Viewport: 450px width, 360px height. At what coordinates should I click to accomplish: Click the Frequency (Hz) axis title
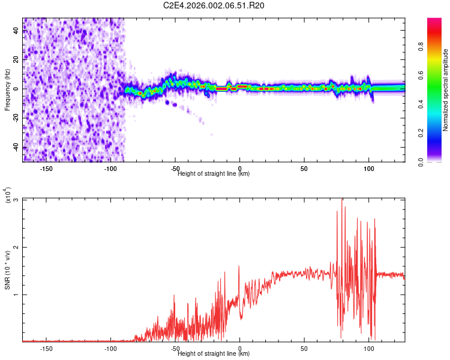pyautogui.click(x=7, y=90)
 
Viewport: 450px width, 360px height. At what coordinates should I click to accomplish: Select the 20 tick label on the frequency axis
pyautogui.click(x=17, y=59)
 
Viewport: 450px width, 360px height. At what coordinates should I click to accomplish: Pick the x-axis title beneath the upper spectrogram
pyautogui.click(x=214, y=174)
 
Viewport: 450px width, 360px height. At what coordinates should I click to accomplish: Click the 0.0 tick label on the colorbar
pyautogui.click(x=422, y=161)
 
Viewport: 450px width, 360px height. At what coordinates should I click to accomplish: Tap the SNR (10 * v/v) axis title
pyautogui.click(x=7, y=270)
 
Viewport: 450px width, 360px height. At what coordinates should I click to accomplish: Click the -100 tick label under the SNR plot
pyautogui.click(x=110, y=347)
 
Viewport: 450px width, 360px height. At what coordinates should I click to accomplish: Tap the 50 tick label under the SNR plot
pyautogui.click(x=304, y=347)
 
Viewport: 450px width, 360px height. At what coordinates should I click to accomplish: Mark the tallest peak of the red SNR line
pyautogui.click(x=342, y=200)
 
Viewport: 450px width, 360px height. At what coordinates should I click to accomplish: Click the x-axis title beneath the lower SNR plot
pyautogui.click(x=214, y=354)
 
